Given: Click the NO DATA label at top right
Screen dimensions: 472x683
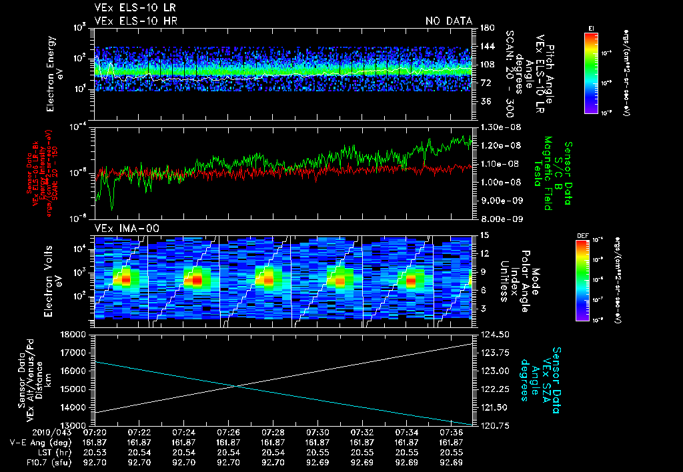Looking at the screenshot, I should pos(448,21).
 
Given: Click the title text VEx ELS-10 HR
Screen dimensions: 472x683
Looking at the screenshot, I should pos(130,21).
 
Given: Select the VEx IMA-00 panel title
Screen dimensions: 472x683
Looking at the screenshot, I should pos(121,228).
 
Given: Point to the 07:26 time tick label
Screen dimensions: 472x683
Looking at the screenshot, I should pos(228,433).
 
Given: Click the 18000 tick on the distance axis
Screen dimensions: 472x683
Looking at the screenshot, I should pos(75,334).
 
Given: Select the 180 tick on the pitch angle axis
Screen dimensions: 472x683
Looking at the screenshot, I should pos(484,27).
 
